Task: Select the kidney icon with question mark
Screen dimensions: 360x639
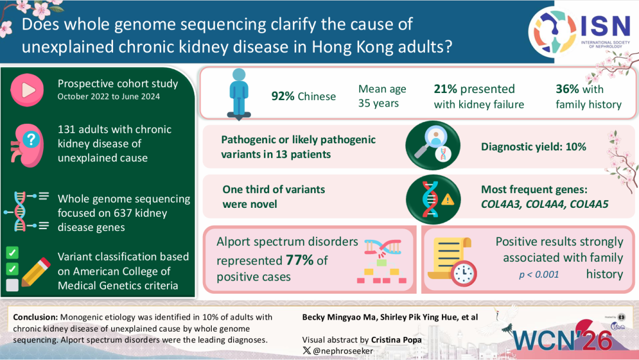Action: (x=26, y=143)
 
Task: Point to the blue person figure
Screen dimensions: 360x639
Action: (x=238, y=92)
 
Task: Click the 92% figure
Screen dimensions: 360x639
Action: (x=283, y=96)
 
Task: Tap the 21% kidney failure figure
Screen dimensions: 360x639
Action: (x=446, y=89)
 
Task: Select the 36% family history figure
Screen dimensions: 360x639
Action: (x=567, y=89)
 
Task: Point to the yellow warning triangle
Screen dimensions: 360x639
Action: (x=448, y=200)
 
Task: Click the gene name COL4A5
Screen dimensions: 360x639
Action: (x=588, y=204)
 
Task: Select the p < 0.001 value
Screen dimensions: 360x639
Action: (x=539, y=274)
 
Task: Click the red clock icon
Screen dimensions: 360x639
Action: (x=463, y=272)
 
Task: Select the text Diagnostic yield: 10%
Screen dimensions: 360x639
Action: (x=533, y=146)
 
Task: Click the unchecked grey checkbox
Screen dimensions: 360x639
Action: (x=12, y=285)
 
